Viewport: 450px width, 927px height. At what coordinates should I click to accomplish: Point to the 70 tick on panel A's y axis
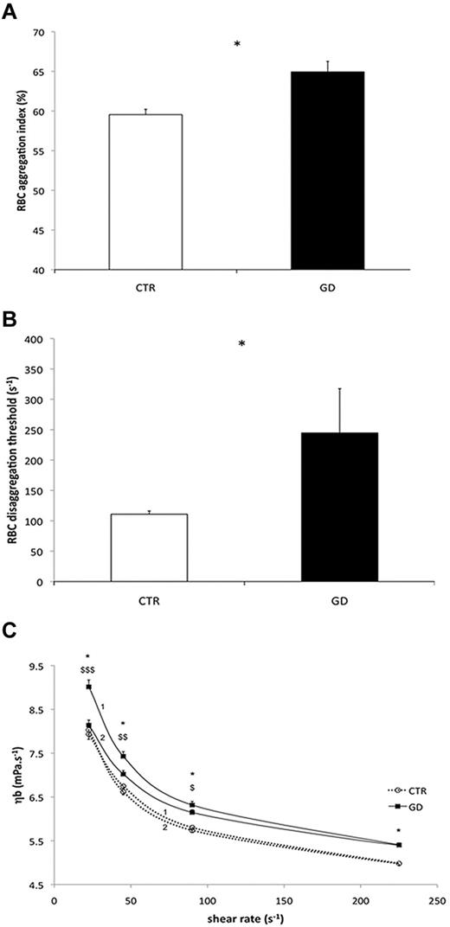point(38,32)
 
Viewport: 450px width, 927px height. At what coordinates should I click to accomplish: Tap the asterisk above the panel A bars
point(236,44)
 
